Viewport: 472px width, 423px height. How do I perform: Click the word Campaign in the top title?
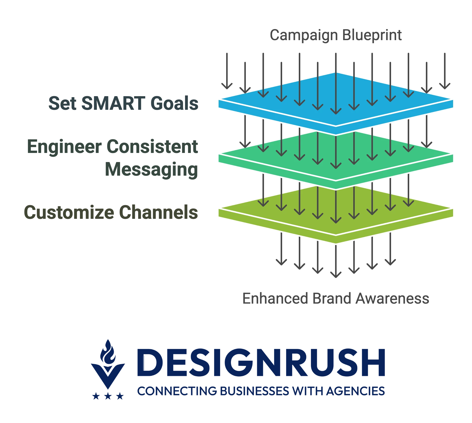pyautogui.click(x=304, y=36)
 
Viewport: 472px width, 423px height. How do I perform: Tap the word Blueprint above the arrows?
pyautogui.click(x=372, y=36)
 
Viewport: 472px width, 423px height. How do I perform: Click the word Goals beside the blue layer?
pyautogui.click(x=174, y=103)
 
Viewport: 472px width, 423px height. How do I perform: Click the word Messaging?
pyautogui.click(x=152, y=170)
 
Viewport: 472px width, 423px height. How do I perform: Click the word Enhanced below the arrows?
pyautogui.click(x=275, y=298)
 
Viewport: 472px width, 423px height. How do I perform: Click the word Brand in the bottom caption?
pyautogui.click(x=332, y=298)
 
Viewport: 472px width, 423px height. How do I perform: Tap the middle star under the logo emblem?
pyautogui.click(x=108, y=396)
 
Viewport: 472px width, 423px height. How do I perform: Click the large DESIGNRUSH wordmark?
pyautogui.click(x=261, y=363)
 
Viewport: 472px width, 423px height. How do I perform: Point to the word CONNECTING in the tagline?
pyautogui.click(x=177, y=391)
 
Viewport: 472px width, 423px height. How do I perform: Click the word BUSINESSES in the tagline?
pyautogui.click(x=255, y=391)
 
